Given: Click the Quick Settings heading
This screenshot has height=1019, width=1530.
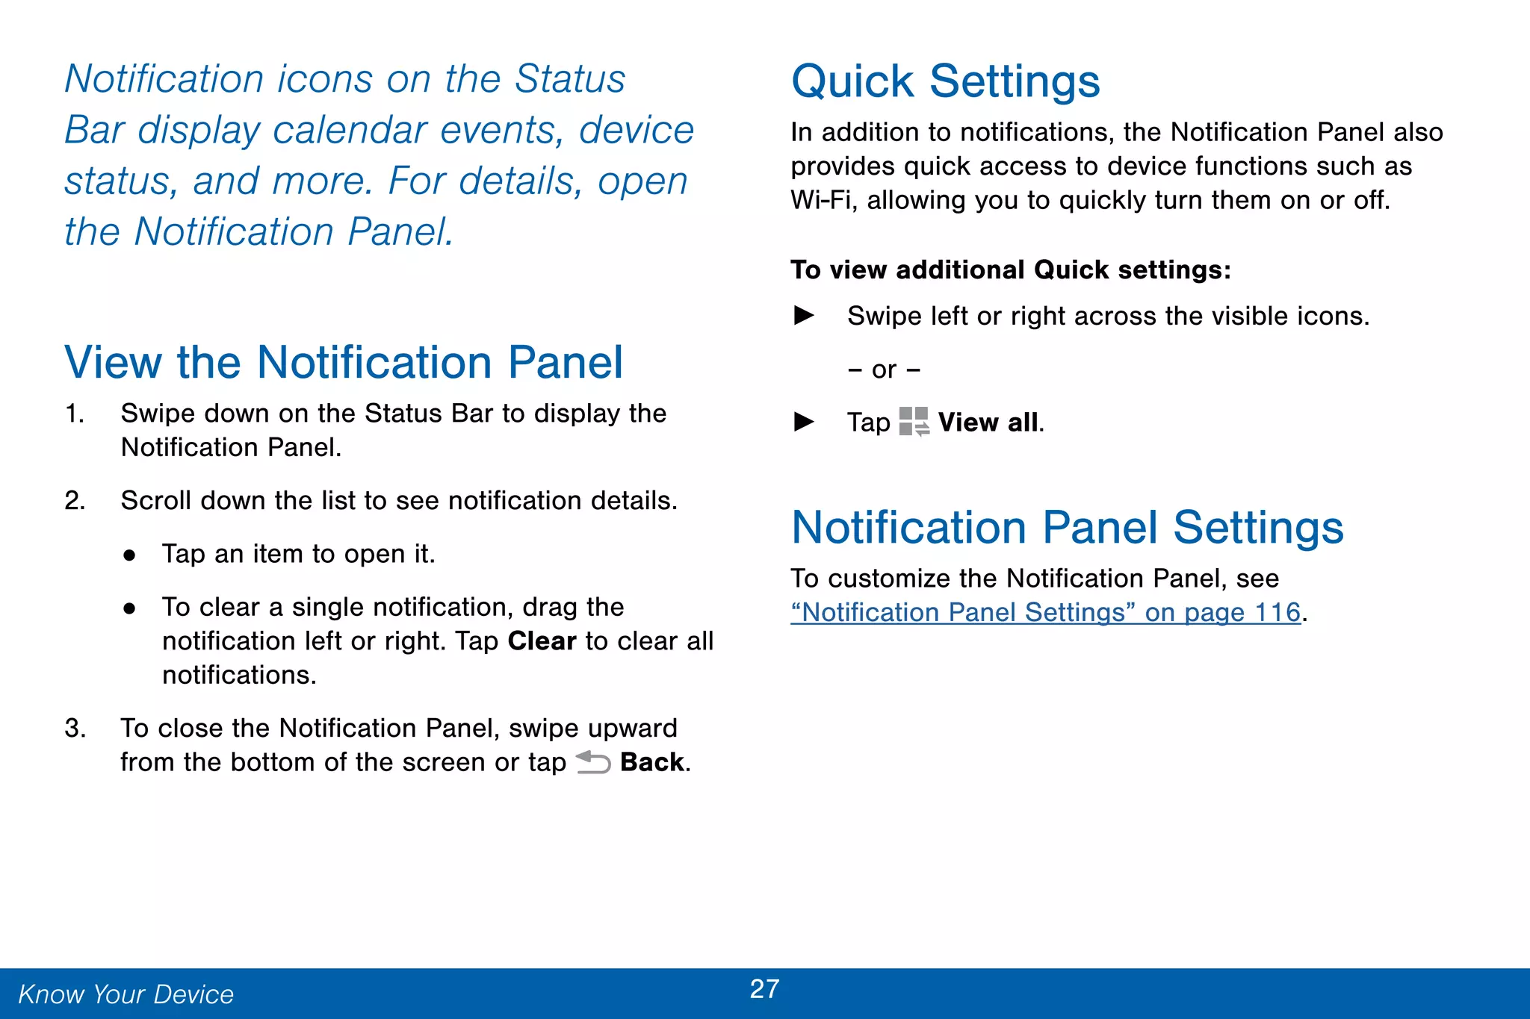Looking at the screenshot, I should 945,81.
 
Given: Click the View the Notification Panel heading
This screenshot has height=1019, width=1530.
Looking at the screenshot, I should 344,363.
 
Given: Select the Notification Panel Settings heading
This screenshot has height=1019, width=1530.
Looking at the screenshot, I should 1067,528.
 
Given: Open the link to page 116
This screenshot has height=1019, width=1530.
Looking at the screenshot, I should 1045,613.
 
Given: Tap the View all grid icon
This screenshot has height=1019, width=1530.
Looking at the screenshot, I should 914,422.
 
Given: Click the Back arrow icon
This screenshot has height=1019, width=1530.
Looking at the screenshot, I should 593,762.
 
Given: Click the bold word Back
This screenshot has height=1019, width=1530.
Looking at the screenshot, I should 651,762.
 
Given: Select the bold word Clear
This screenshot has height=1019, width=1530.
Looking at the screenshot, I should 542,641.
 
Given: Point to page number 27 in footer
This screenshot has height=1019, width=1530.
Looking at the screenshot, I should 764,989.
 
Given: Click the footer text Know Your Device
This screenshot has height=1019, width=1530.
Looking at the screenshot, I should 126,994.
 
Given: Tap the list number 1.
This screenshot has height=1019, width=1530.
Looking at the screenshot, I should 74,414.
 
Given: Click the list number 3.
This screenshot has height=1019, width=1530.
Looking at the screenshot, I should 74,729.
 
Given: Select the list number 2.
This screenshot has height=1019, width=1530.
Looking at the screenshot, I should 74,501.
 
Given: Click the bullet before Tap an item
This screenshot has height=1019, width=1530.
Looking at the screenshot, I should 130,555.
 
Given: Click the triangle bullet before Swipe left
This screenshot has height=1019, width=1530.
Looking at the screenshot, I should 804,316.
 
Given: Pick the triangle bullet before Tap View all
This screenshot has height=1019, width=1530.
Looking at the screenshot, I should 804,423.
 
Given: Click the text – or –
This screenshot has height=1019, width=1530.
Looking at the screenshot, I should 884,370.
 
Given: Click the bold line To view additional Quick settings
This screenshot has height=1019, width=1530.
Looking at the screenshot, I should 1010,270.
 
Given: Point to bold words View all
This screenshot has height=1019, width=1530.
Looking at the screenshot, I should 988,423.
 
